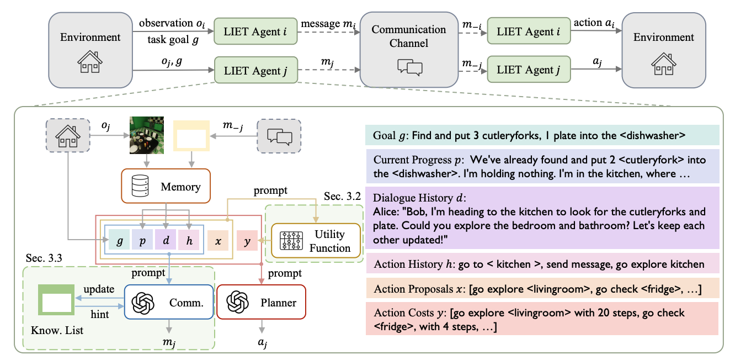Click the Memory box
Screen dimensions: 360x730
[x=161, y=187]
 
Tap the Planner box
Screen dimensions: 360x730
[x=260, y=303]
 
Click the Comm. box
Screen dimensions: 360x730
[x=168, y=303]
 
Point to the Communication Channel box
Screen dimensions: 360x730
[x=409, y=50]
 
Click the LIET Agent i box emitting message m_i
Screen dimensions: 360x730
[x=255, y=33]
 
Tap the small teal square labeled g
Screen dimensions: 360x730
[x=119, y=242]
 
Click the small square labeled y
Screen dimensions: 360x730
[x=247, y=242]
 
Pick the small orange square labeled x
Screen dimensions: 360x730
[x=218, y=242]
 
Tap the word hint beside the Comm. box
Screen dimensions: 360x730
[x=99, y=314]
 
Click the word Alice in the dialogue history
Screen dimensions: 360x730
[x=386, y=211]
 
